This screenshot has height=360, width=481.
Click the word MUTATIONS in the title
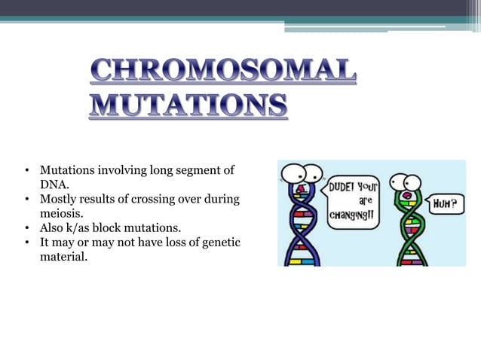pyautogui.click(x=188, y=105)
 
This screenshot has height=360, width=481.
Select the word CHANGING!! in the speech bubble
pyautogui.click(x=352, y=214)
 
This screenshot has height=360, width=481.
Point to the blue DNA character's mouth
pyautogui.click(x=302, y=188)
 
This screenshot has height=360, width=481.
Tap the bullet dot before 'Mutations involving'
pyautogui.click(x=27, y=170)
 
